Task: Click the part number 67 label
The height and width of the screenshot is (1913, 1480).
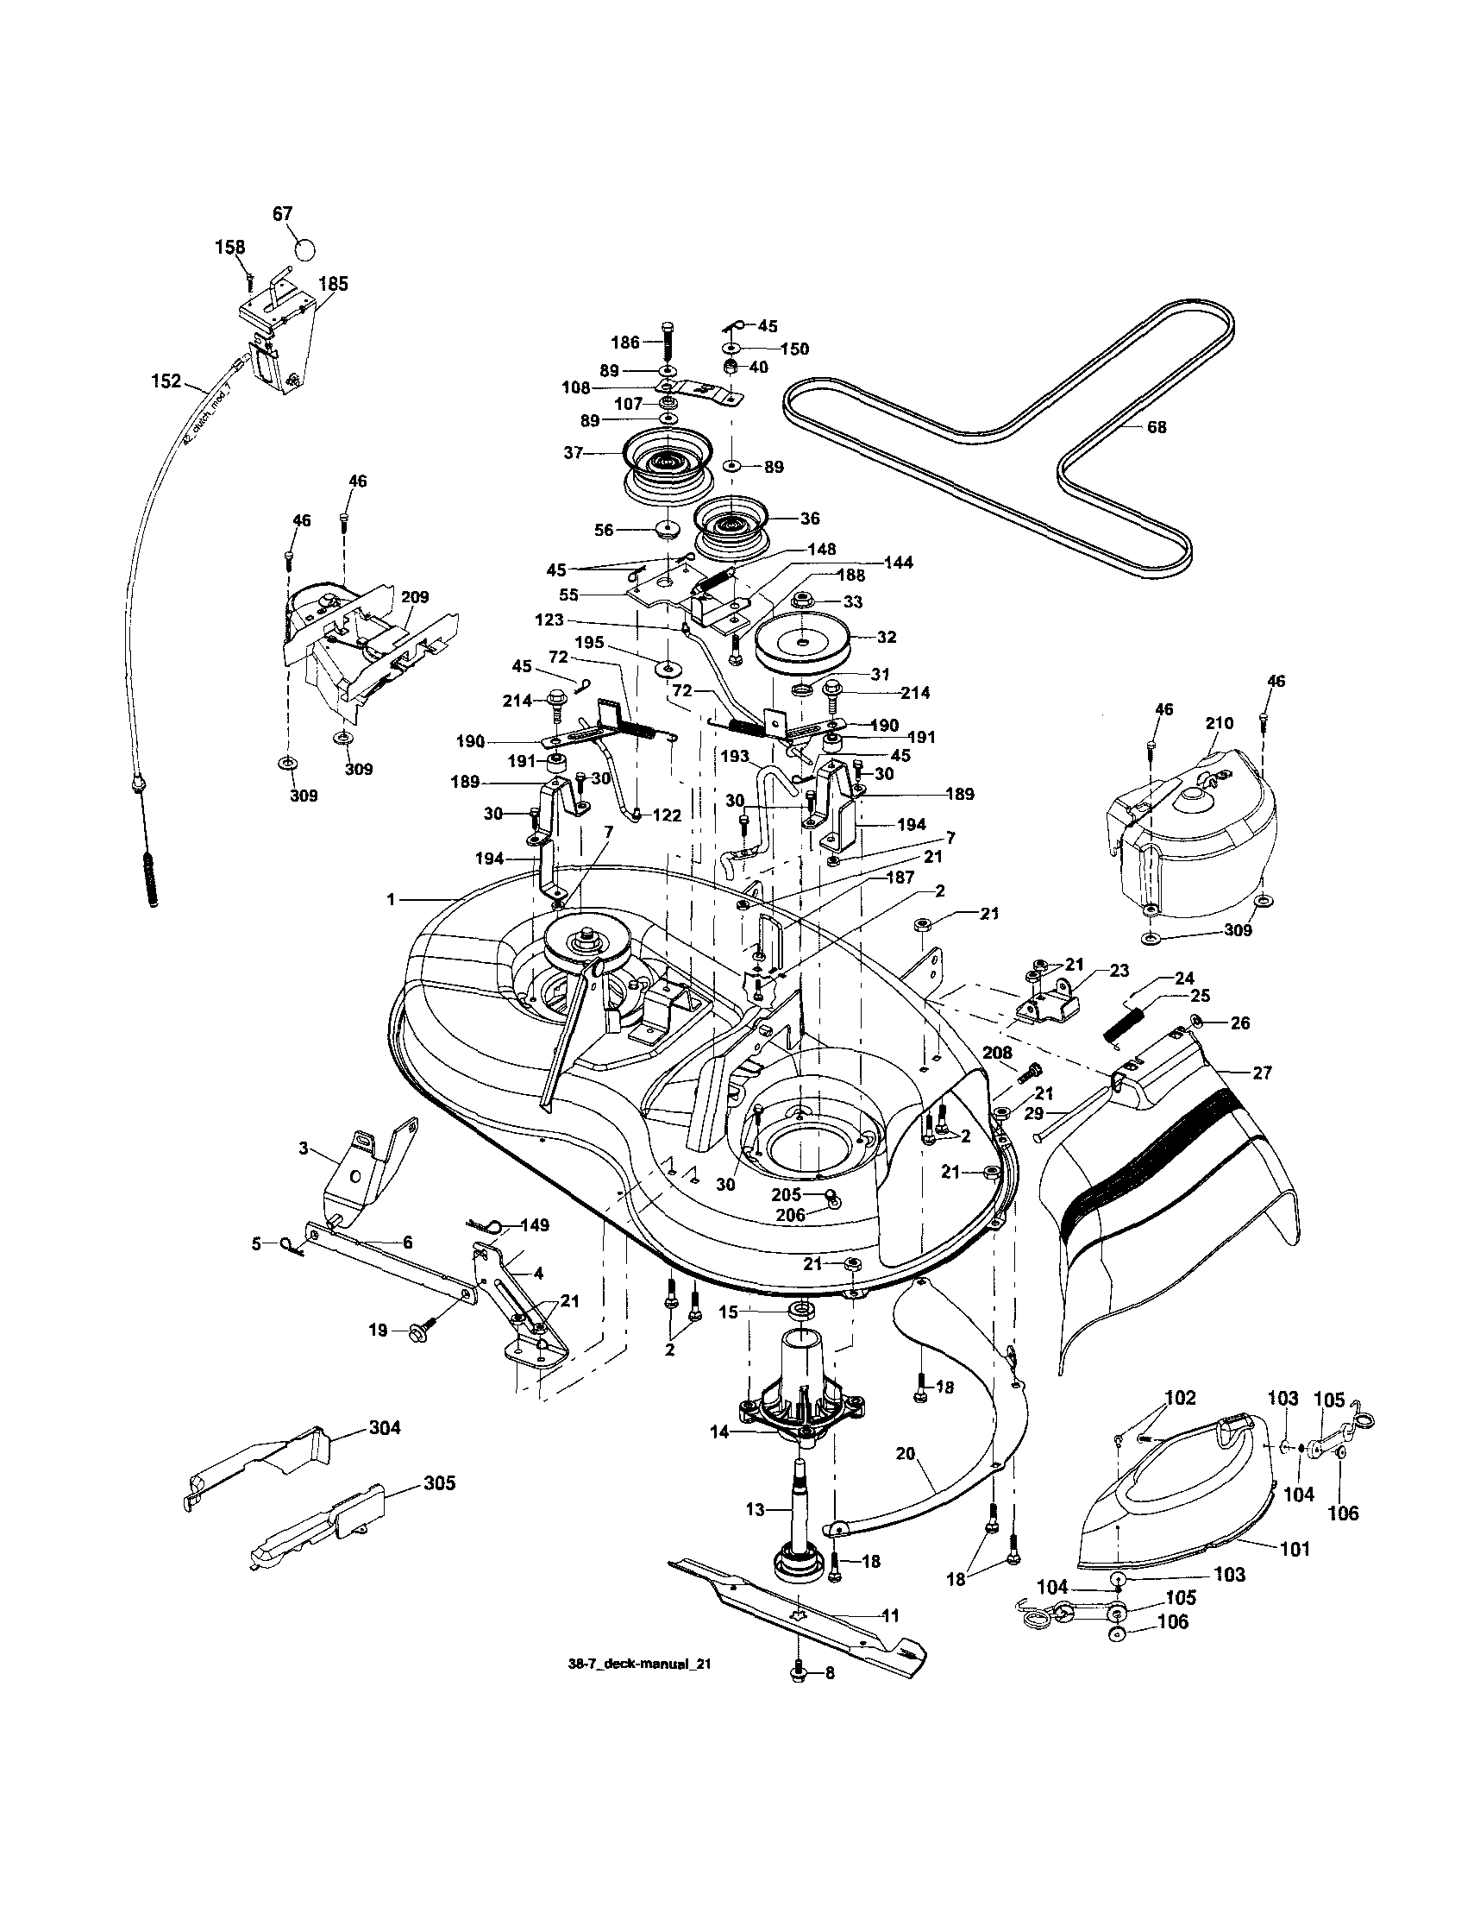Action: [282, 214]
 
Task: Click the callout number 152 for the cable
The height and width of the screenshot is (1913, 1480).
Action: [166, 381]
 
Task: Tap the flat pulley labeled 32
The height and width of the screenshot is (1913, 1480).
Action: [802, 646]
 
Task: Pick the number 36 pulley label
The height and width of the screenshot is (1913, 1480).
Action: [810, 519]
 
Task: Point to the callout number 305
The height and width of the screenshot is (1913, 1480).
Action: [440, 1483]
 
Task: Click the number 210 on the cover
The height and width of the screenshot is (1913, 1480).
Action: [1218, 723]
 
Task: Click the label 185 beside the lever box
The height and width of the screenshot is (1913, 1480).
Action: [333, 284]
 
